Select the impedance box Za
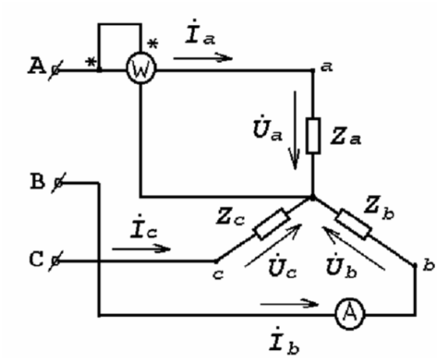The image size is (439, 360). pos(313,136)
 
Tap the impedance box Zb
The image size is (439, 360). pos(354,224)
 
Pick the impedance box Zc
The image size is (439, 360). pos(271,224)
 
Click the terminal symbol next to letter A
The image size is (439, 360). pos(55,70)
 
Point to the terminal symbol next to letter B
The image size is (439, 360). pos(58,183)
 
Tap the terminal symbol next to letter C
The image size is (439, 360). pos(55,261)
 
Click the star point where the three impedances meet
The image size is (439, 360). pos(313,197)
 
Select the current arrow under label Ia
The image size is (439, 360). pos(203,58)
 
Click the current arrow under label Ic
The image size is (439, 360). pos(141,249)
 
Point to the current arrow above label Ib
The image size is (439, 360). pos(289,303)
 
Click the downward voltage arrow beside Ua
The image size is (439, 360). pos(295,130)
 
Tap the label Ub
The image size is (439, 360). pos(342,266)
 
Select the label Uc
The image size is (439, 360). pos(282,266)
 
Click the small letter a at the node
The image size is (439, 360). pos(327,67)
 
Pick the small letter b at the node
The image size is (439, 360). pos(429,265)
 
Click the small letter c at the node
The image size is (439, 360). pos(218,274)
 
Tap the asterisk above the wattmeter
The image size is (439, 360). pos(153,44)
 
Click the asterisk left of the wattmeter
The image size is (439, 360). pos(90,62)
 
